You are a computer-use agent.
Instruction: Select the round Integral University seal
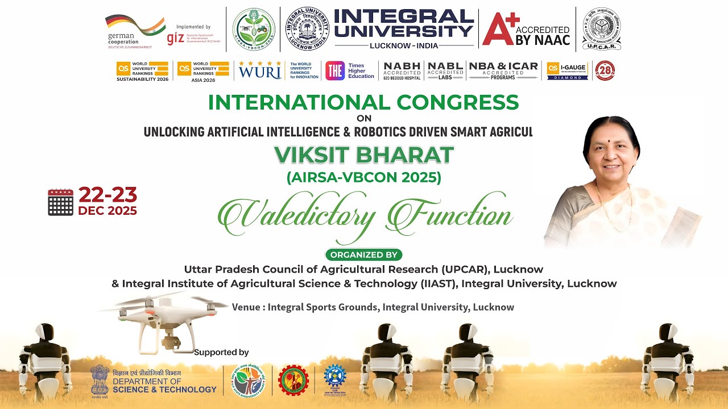[x=307, y=29]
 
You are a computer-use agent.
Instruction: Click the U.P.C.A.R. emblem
[x=601, y=29]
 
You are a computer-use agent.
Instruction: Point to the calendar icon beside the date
[x=61, y=202]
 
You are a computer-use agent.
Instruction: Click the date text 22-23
[x=107, y=195]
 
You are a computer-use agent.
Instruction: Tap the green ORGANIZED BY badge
[x=363, y=254]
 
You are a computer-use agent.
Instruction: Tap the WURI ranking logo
[x=260, y=70]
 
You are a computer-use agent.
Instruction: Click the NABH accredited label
[x=402, y=70]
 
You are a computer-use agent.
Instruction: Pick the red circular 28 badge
[x=605, y=70]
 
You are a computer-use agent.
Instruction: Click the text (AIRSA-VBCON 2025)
[x=363, y=177]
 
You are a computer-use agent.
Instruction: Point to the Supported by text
[x=221, y=352]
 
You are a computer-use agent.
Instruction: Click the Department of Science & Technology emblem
[x=100, y=379]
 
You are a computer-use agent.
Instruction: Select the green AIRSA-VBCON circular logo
[x=254, y=29]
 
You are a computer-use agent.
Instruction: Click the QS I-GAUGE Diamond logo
[x=567, y=70]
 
